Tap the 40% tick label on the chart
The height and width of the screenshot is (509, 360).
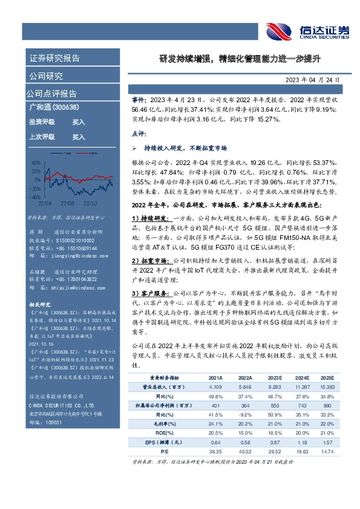[x=36, y=163]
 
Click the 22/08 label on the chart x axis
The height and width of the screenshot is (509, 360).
[x=66, y=204]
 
